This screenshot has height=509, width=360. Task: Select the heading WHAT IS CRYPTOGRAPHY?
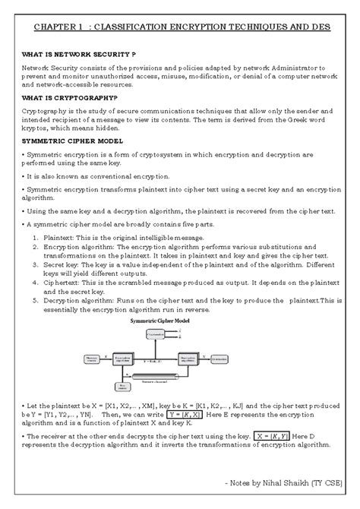point(70,98)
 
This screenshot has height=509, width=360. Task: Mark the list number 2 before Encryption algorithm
point(36,248)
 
